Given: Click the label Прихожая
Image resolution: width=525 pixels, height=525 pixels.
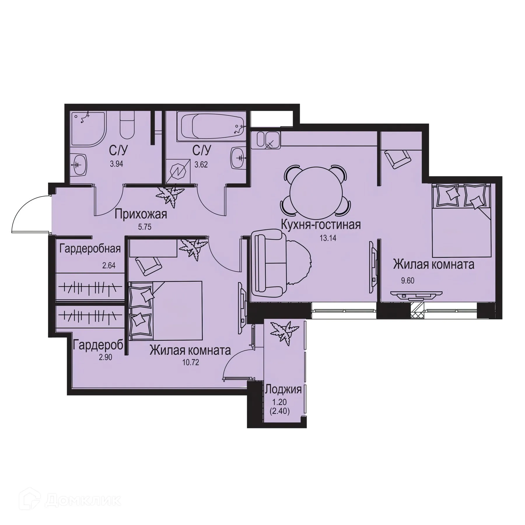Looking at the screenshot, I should click(x=141, y=214).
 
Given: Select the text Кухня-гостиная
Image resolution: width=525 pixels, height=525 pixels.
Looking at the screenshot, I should click(x=321, y=225).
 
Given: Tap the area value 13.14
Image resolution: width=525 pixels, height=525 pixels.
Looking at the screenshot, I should click(x=328, y=238).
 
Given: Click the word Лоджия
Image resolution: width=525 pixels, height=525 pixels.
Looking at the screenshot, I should click(x=283, y=389).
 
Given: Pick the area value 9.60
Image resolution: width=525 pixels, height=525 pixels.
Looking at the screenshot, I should click(x=407, y=281).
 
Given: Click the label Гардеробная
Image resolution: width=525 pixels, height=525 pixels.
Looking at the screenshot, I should click(x=90, y=249).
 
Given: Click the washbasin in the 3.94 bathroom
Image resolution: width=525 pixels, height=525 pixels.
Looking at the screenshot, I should click(x=79, y=165).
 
